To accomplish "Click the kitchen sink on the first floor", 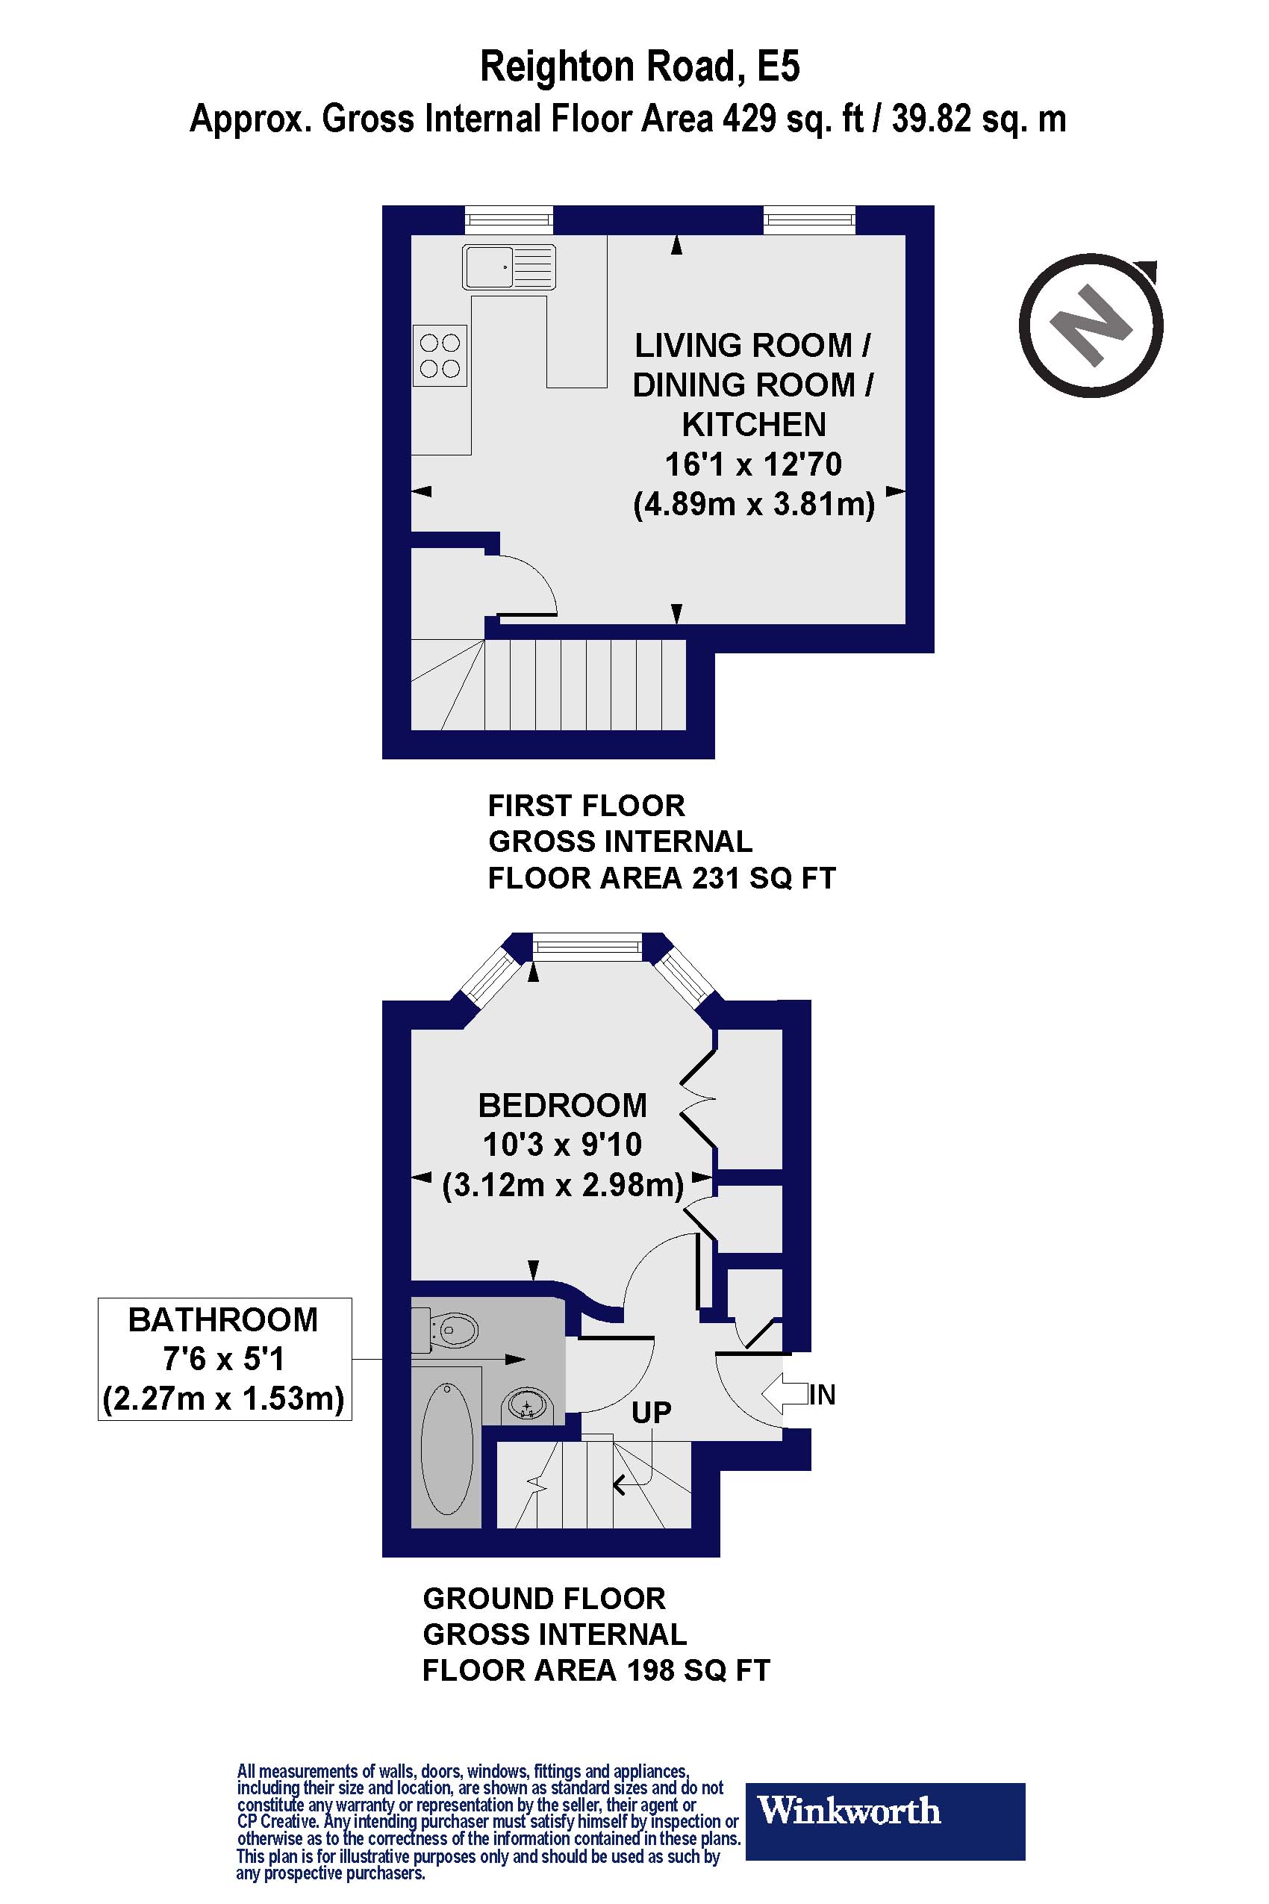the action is coord(509,267).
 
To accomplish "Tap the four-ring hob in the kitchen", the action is coord(440,355).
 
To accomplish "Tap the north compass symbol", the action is coord(1091,327).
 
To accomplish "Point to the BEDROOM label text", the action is coord(563,1105).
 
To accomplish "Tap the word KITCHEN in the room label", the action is coord(753,424).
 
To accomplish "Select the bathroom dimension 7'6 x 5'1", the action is coord(224,1359).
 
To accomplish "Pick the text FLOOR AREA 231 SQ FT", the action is coord(661,877).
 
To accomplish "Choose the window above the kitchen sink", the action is coord(509,220).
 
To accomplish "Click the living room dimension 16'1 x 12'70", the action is coord(753,464).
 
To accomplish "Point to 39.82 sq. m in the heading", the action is coord(979,119).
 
